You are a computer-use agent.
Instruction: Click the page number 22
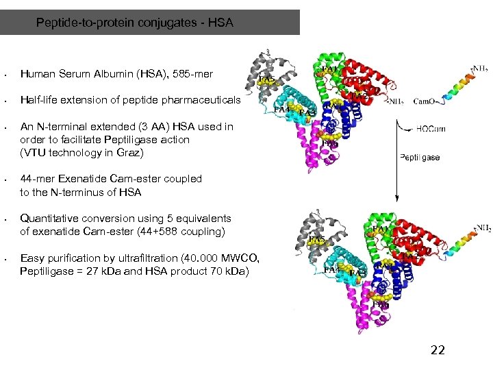[437, 350]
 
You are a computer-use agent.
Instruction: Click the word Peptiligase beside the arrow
[420, 157]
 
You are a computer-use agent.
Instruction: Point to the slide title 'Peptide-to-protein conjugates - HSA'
[135, 23]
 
